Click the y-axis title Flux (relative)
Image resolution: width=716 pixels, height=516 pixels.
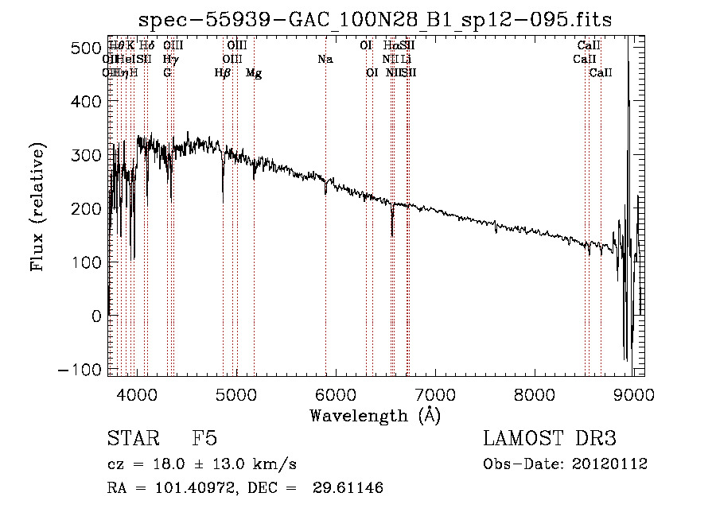click(x=37, y=208)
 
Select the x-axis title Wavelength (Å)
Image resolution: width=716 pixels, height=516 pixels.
click(x=375, y=416)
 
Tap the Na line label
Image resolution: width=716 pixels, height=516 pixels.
click(x=325, y=60)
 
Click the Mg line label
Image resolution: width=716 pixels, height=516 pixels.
click(x=254, y=73)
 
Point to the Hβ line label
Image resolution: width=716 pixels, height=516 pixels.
click(x=223, y=73)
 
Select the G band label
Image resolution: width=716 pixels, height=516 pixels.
click(x=167, y=73)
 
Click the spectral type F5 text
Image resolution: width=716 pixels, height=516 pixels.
click(x=204, y=439)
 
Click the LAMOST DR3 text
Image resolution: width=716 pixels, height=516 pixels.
click(x=550, y=439)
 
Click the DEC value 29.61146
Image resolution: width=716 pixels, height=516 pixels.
click(x=349, y=488)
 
